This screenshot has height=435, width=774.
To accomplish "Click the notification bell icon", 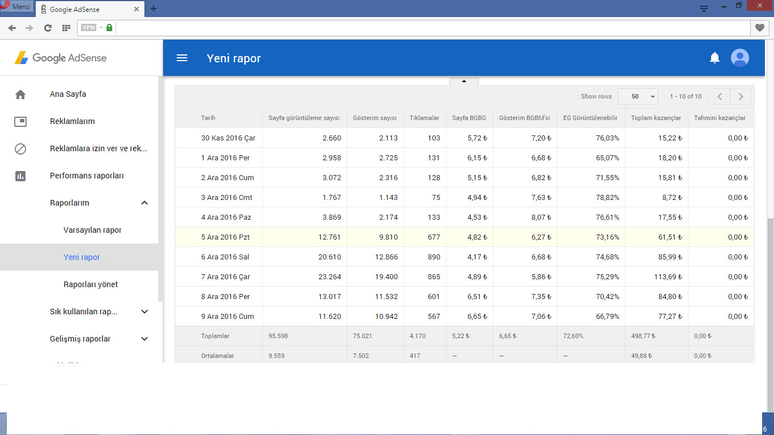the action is [x=715, y=58].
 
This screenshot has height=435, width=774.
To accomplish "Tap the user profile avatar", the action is [x=740, y=58].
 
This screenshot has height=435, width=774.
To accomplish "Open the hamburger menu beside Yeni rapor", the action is [x=182, y=58].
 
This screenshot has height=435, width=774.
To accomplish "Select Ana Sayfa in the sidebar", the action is [x=68, y=94].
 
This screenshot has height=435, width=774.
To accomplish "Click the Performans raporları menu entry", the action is [x=87, y=176].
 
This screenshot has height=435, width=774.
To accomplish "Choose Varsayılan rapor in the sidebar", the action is [x=92, y=230].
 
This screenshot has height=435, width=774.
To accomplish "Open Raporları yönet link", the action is [x=91, y=284].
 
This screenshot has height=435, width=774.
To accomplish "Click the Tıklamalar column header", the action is [x=424, y=118].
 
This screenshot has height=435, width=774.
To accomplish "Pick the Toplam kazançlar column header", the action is [x=656, y=118].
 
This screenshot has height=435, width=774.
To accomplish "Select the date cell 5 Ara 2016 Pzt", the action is [x=226, y=237].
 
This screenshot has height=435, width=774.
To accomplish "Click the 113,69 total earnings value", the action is [x=668, y=277].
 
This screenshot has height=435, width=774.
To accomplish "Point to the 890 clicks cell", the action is [x=433, y=257].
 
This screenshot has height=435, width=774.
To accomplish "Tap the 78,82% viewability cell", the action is [x=607, y=197].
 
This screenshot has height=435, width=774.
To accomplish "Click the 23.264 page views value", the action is [x=330, y=277].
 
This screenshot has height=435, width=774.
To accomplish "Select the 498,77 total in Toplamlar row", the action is [x=643, y=336].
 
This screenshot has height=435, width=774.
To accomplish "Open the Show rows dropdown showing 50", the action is [x=638, y=96].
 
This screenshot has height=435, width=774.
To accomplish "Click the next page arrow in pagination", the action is [x=741, y=96].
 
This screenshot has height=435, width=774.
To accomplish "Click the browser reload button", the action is [x=48, y=28].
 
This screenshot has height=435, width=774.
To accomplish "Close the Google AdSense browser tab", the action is [x=137, y=9].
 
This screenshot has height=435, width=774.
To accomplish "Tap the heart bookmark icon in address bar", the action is [x=759, y=28].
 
